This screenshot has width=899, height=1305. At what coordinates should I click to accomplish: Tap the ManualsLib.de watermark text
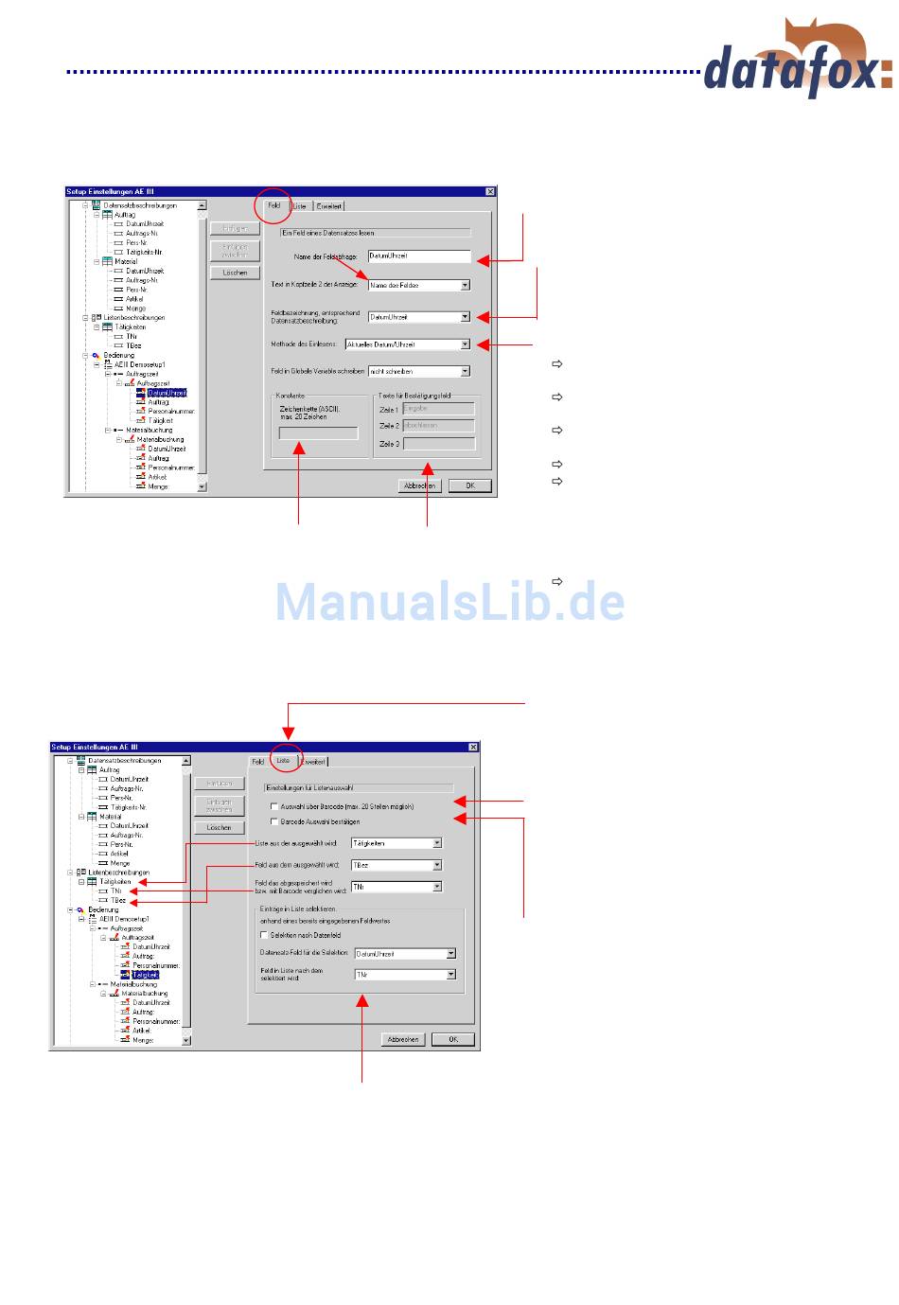[449, 602]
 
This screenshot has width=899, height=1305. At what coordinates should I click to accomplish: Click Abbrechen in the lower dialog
[402, 1039]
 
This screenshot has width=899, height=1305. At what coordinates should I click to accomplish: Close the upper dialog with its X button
[489, 192]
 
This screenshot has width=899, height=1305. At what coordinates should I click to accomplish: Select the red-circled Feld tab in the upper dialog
[273, 205]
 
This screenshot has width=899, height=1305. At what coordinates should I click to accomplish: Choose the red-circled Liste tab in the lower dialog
[283, 761]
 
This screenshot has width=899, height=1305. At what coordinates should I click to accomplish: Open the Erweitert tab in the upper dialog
[328, 206]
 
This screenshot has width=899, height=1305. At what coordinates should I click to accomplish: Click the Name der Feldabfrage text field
[418, 256]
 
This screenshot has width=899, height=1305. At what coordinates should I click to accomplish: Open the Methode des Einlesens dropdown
[465, 344]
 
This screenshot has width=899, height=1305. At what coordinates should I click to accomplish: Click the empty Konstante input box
[318, 433]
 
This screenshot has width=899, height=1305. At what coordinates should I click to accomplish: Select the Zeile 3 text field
[438, 443]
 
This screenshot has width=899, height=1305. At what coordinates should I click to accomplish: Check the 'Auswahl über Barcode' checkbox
[274, 807]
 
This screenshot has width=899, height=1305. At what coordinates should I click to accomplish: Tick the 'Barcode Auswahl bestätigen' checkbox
[274, 821]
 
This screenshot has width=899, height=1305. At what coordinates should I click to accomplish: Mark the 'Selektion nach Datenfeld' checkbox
[264, 935]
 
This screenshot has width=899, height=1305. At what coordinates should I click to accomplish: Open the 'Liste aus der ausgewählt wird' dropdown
[436, 842]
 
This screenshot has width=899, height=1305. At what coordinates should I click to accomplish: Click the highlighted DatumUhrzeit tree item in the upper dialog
[167, 393]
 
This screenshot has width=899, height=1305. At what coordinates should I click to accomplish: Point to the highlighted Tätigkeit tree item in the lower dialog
[145, 975]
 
